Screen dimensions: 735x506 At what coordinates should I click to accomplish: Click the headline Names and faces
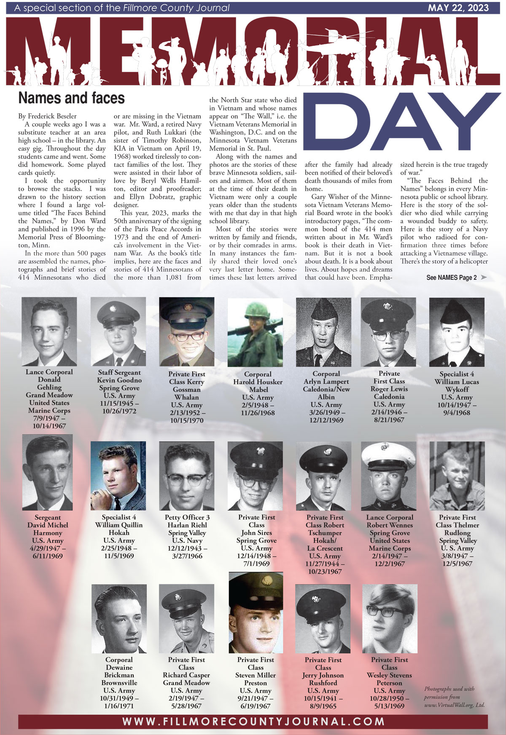71,98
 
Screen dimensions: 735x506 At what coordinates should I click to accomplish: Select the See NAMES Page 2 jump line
452,278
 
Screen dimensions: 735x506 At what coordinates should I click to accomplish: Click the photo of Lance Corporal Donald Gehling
49,331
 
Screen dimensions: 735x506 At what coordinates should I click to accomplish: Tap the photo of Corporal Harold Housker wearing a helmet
255,332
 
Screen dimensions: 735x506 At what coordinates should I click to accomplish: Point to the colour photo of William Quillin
118,476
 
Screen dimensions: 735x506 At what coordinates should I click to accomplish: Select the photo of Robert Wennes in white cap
389,476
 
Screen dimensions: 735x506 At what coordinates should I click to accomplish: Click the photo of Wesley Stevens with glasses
390,618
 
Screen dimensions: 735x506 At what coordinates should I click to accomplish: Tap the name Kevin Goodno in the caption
119,380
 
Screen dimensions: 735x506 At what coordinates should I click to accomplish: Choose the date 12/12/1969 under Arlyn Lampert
326,420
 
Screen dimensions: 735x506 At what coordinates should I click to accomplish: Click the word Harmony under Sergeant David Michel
48,533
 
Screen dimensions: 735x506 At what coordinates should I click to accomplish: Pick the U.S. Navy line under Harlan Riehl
187,540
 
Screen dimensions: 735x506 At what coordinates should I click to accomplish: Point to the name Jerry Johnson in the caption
323,675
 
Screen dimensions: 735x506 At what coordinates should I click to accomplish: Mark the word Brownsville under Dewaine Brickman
119,683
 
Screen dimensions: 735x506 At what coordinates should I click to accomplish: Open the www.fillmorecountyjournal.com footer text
253,722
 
